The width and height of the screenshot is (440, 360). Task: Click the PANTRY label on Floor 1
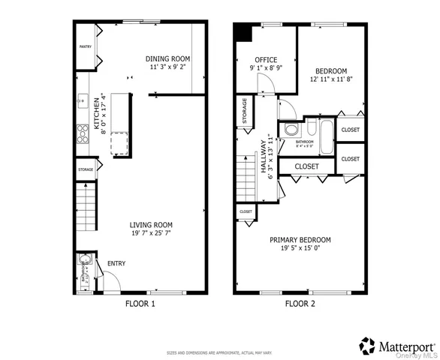86,46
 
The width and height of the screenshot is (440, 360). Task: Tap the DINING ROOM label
167,58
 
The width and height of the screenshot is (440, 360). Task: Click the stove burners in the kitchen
81,134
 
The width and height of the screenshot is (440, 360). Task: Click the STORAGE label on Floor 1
86,169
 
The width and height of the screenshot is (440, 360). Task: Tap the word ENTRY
116,263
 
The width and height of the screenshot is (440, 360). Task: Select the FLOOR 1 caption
140,304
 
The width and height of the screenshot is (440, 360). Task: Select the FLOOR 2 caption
300,304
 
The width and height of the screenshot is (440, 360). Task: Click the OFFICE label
266,60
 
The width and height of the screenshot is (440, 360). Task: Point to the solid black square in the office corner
243,32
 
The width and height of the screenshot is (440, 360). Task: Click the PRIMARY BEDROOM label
300,240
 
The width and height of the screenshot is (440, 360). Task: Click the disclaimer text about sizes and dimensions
219,352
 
